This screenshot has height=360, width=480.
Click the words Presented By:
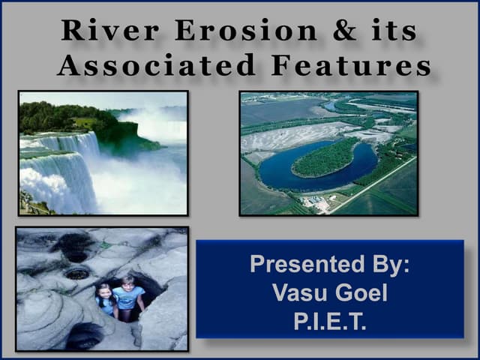(x=329, y=265)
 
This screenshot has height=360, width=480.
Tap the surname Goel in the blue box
(x=361, y=292)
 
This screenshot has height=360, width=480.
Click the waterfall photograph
(x=103, y=153)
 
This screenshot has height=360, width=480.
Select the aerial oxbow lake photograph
(x=328, y=153)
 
